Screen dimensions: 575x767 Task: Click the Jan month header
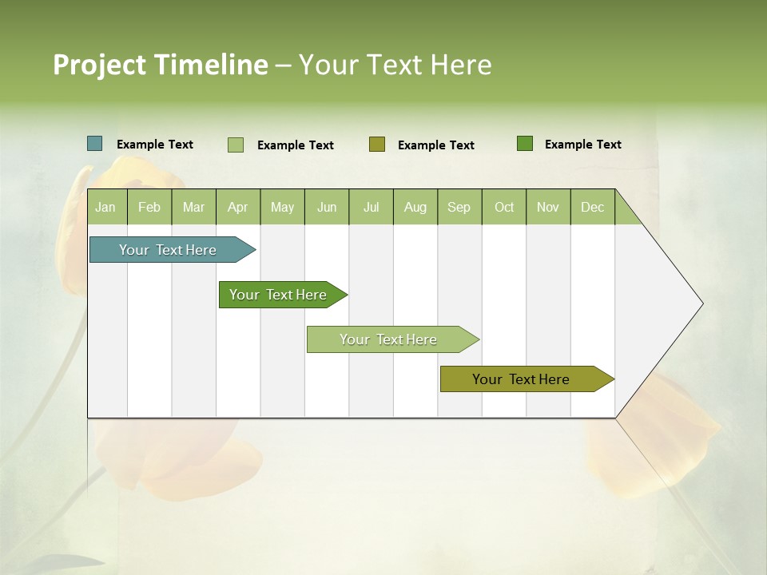click(105, 207)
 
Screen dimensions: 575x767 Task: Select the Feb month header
click(149, 207)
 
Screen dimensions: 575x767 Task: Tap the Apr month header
click(237, 207)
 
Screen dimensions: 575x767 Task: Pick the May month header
click(282, 207)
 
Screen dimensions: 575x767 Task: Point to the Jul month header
click(371, 207)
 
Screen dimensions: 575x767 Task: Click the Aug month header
click(415, 207)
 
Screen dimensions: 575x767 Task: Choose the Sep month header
click(459, 207)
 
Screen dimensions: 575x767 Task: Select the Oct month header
click(504, 207)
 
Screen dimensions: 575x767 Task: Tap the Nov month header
click(548, 207)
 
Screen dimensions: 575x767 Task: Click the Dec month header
click(592, 207)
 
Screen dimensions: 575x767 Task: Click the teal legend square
click(95, 144)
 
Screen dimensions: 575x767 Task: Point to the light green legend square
click(236, 145)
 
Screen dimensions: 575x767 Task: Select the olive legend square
click(377, 144)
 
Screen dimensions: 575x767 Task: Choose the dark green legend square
click(525, 143)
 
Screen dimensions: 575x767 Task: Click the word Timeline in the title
click(210, 65)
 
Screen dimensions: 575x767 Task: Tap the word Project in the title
click(100, 65)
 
